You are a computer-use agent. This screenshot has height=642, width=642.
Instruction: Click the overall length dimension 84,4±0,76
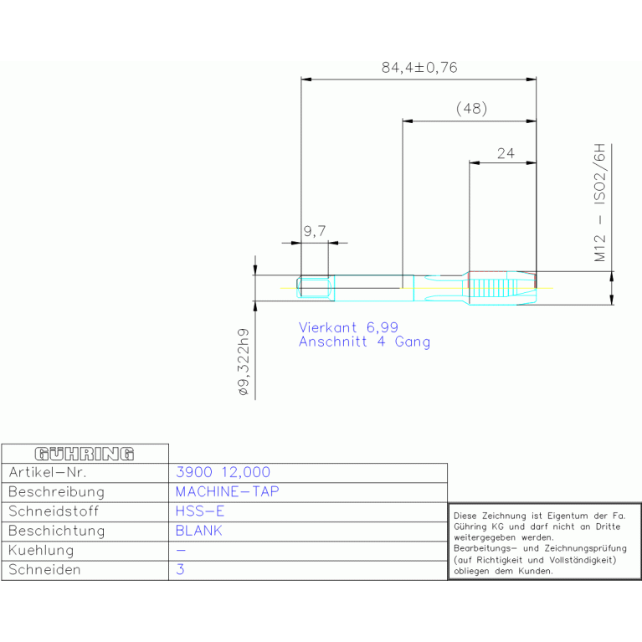tap(419, 68)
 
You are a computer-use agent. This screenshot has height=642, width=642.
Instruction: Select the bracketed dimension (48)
tap(472, 109)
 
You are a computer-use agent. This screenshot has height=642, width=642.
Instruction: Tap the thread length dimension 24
tap(506, 153)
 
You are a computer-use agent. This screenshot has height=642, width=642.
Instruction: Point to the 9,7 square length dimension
tap(315, 231)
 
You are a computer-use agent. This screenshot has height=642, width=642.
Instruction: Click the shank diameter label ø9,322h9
tap(244, 362)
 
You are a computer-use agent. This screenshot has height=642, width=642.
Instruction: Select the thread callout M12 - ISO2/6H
tap(599, 203)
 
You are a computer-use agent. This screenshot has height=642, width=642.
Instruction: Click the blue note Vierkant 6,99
tap(348, 327)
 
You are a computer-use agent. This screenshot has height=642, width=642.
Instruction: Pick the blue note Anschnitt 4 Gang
tap(364, 342)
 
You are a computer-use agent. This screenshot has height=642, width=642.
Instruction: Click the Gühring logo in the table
tap(85, 454)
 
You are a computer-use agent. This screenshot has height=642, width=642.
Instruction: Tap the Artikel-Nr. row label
tap(48, 472)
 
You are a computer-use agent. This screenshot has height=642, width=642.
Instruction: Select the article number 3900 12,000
tap(223, 472)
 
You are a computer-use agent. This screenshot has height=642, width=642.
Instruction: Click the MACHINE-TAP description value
tap(227, 491)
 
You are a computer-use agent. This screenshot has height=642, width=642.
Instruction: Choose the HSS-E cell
tap(200, 511)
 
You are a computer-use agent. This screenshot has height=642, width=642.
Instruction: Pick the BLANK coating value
tap(198, 531)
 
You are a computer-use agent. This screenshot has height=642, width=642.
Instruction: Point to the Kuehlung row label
tap(41, 550)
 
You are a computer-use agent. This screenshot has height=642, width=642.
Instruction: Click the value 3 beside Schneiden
tap(180, 569)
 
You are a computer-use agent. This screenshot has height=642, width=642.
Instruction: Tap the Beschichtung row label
tap(57, 531)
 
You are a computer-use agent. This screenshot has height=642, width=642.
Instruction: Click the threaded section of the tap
tap(502, 287)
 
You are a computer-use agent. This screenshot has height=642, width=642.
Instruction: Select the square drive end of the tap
tap(316, 288)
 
